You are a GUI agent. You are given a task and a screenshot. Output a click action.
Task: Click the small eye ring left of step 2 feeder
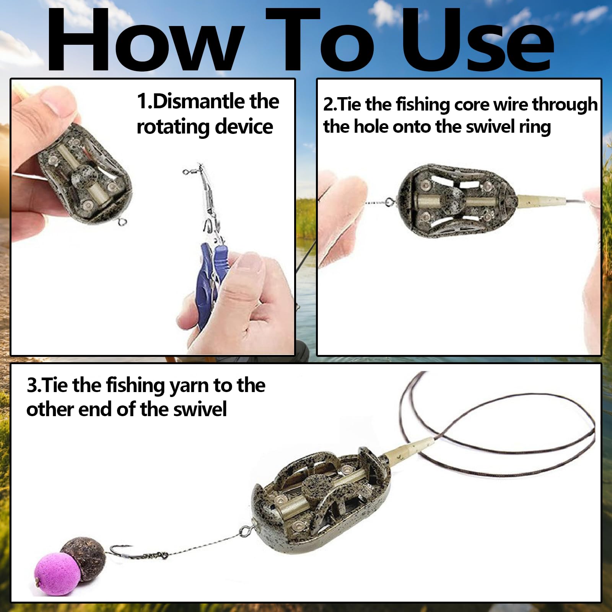click(x=390, y=201)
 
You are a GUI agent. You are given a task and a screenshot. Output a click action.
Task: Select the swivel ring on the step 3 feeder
click(x=245, y=531)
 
